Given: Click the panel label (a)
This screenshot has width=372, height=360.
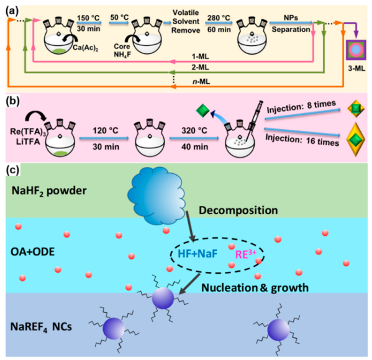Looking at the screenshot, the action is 12,11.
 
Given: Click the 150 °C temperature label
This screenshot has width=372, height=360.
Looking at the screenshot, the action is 88,18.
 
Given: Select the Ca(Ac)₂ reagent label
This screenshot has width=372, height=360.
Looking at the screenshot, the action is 86,47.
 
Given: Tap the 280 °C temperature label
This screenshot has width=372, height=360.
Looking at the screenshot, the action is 219,18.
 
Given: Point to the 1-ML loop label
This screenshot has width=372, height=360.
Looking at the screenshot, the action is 200,56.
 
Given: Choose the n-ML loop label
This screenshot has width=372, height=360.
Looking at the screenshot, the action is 201,81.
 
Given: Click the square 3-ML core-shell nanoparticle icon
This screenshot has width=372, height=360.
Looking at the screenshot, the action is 356,50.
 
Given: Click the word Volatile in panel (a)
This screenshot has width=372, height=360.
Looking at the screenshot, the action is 186,12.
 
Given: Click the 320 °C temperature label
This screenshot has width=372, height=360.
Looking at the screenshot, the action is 194,130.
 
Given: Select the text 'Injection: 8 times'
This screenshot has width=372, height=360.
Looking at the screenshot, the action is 301,107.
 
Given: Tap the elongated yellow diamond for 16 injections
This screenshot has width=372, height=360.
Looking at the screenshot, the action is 355,140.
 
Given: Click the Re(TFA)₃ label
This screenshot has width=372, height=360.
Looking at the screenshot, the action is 28,132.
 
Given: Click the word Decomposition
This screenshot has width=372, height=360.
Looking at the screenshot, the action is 238,210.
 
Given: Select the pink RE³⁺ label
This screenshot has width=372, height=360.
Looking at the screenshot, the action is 245,254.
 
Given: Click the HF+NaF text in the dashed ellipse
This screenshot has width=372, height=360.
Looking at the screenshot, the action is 197,254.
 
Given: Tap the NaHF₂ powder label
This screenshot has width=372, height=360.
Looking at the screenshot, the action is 49,191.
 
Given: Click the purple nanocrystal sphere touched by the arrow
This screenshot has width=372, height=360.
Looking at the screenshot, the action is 163,298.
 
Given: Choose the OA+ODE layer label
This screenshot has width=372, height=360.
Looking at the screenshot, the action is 33,251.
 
